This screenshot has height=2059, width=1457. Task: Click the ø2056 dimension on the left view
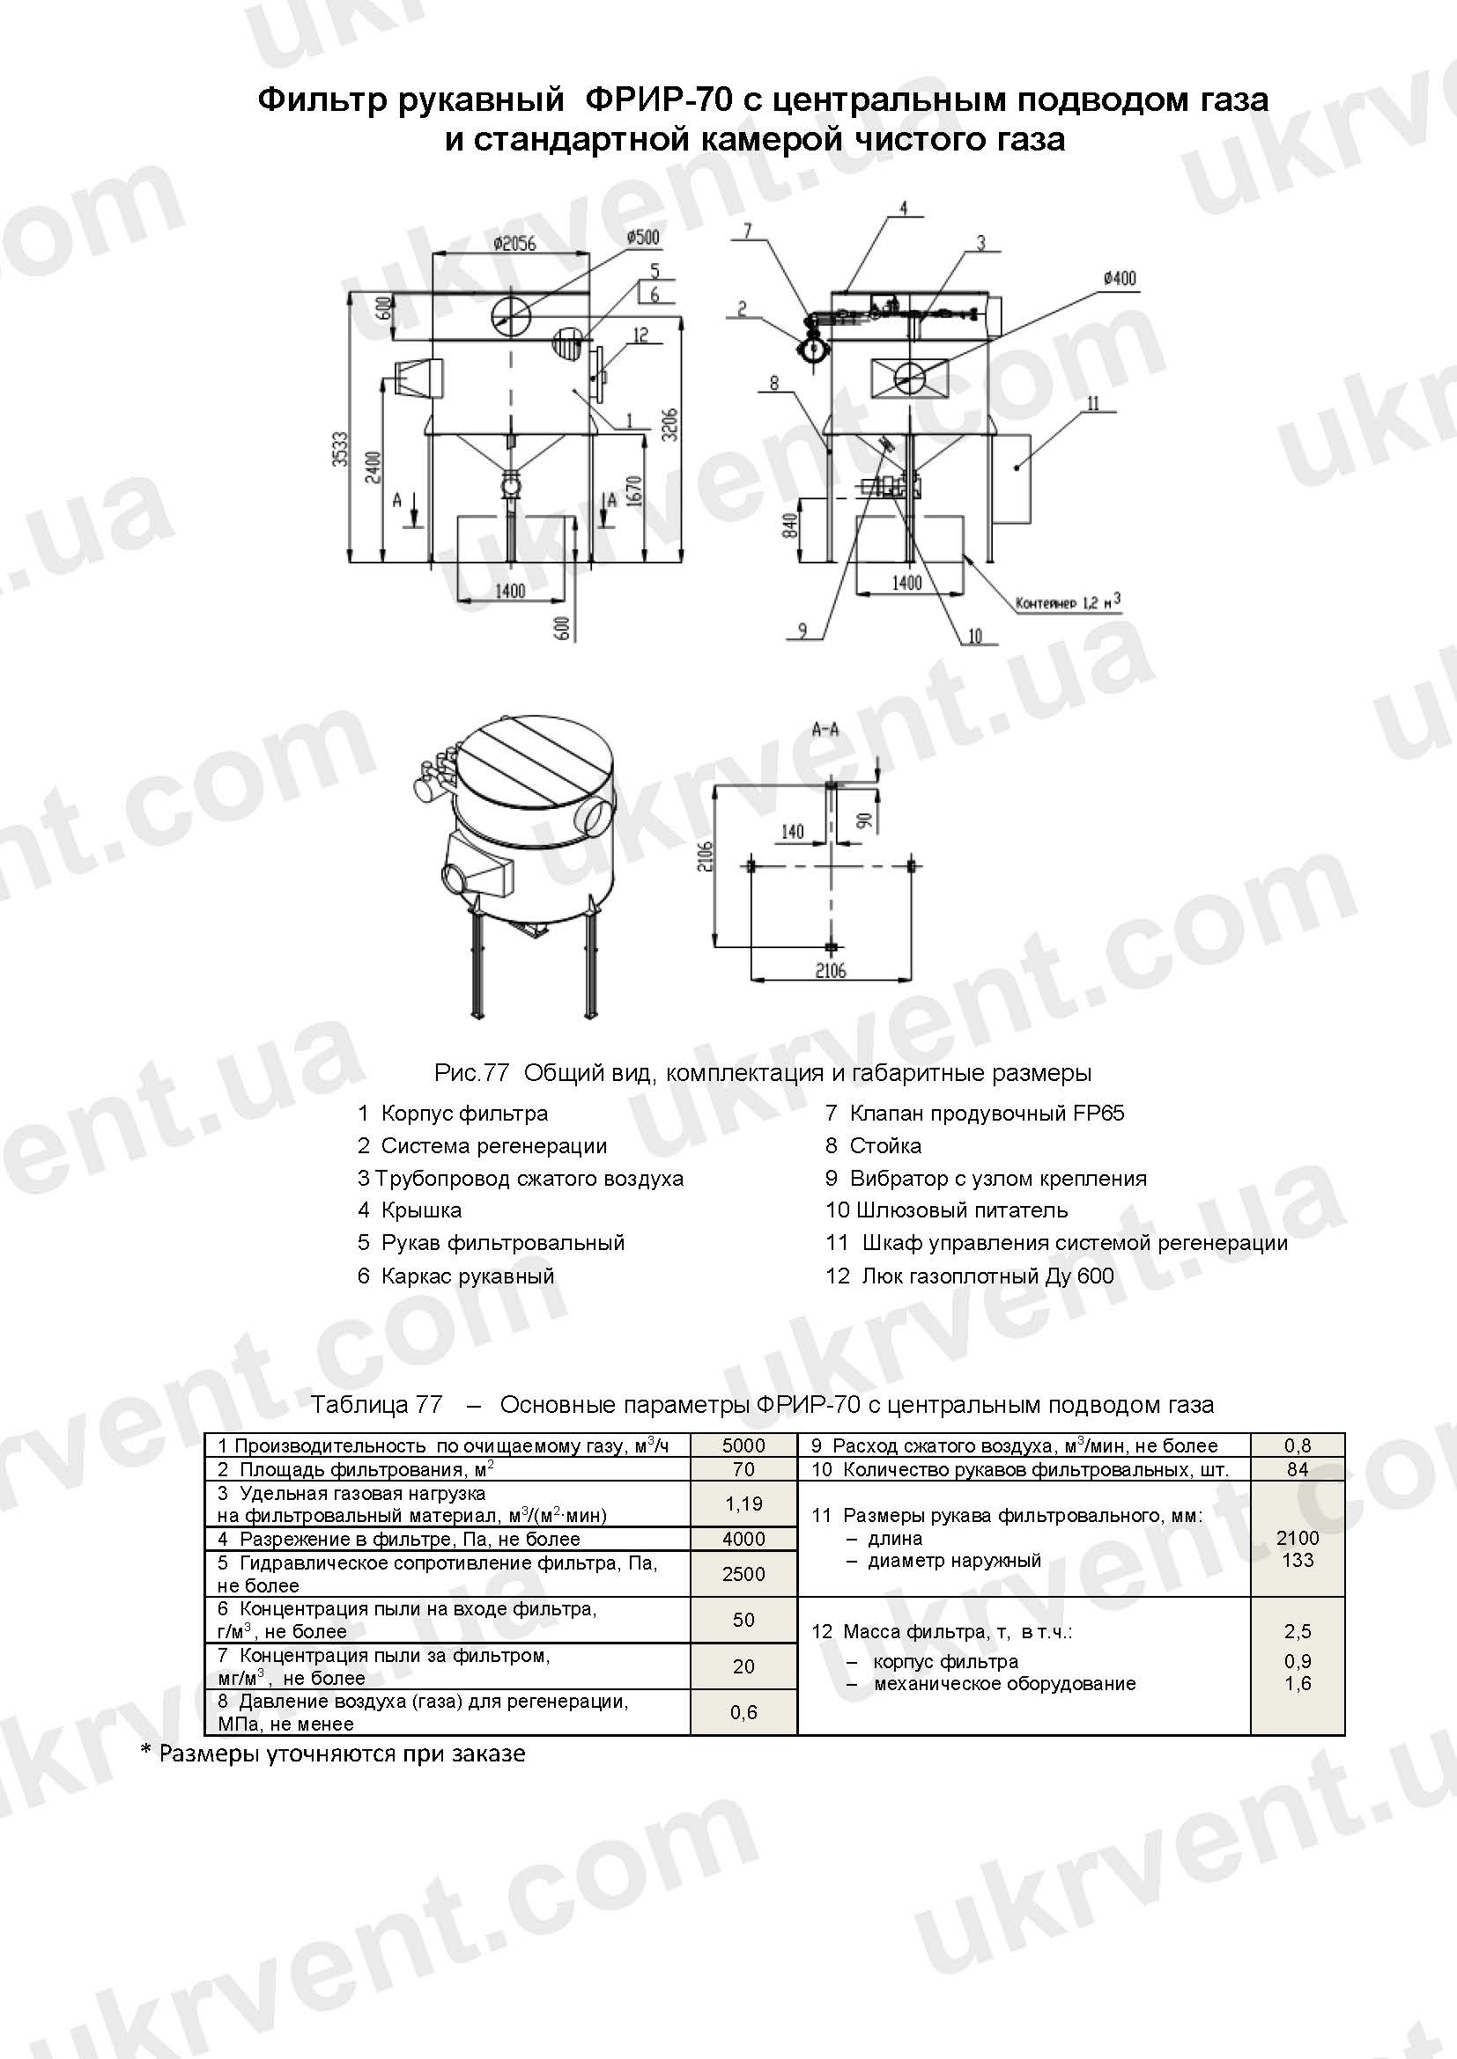514,243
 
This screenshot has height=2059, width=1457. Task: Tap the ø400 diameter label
1120,278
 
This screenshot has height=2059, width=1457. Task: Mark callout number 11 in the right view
1091,404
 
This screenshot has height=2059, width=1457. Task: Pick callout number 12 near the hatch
640,335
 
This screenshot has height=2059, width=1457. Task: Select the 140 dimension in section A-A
792,831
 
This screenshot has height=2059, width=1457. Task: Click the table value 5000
743,1445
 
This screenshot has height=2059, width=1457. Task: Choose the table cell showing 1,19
743,1504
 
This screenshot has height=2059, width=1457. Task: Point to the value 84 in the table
1298,1469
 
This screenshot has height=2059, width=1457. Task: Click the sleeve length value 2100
1298,1538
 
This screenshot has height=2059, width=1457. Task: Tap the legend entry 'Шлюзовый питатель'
962,1210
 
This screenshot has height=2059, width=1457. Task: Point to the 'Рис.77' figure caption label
472,1072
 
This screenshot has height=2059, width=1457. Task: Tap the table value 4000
743,1539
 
